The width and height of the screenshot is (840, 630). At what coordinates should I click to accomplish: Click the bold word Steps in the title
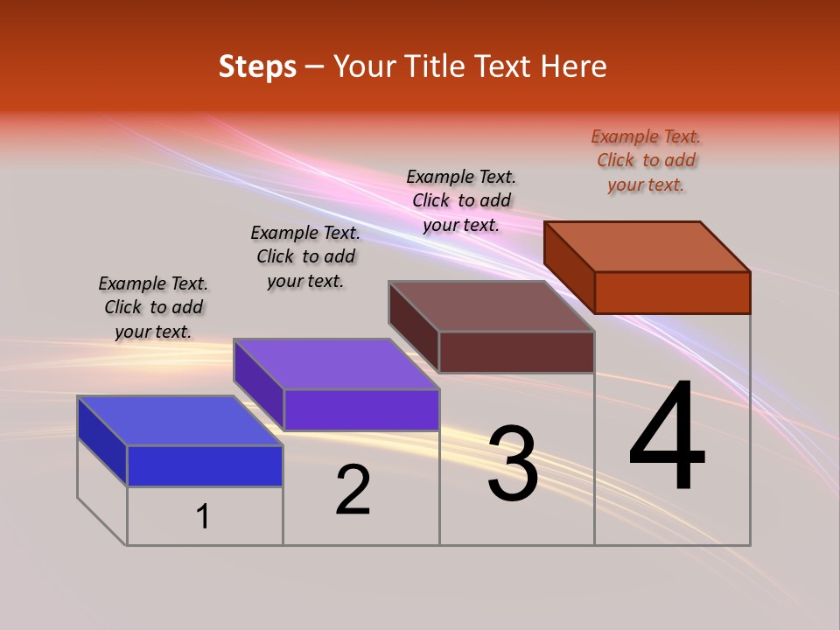point(257,66)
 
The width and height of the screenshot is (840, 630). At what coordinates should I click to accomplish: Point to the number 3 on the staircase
point(513,464)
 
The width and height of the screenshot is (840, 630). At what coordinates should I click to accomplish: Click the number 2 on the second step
point(353,490)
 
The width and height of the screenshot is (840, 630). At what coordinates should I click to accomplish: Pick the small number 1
point(203,517)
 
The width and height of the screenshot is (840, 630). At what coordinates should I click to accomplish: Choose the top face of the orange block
point(647,247)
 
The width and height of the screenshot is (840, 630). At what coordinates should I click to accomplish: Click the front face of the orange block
point(672,292)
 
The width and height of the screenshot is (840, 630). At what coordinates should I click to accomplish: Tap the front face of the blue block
point(205,465)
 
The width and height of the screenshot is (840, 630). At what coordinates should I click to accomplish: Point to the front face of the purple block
point(360,409)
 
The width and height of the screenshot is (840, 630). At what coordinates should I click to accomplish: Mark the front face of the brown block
point(516,352)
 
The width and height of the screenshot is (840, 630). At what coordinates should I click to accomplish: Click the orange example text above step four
point(646,161)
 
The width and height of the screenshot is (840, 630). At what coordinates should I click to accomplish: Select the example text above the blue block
point(153,308)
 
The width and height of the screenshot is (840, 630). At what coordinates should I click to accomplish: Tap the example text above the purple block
point(305,257)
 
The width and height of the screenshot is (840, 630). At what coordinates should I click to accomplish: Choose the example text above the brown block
point(461,200)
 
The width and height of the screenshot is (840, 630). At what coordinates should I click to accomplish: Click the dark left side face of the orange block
point(569,267)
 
